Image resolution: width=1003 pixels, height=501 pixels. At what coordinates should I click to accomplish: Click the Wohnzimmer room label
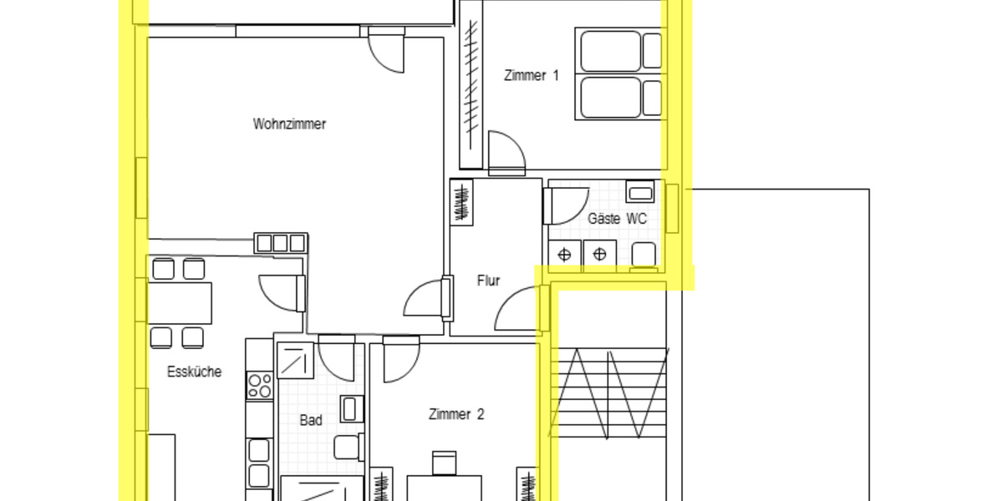tap(289, 124)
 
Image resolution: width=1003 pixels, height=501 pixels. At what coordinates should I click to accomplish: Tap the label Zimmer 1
tap(531, 75)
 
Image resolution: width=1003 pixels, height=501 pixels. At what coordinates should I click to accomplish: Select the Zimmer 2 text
tap(456, 414)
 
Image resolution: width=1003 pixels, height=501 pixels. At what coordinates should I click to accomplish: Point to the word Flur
tap(488, 281)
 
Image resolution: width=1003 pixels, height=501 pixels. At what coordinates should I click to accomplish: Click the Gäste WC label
tap(617, 219)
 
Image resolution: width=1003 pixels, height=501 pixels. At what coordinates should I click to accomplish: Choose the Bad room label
tap(311, 420)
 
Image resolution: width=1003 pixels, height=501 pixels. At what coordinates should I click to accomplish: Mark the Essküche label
tap(194, 372)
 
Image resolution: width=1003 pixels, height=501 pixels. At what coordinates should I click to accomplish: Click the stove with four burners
tap(260, 385)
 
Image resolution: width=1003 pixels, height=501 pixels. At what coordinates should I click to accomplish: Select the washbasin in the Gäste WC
tap(640, 193)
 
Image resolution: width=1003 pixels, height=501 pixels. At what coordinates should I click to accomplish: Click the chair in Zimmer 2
tap(444, 463)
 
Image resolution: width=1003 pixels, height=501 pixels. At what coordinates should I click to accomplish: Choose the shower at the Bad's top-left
tap(294, 361)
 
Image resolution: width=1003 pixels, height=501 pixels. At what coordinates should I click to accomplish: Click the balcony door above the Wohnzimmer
tap(386, 48)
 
